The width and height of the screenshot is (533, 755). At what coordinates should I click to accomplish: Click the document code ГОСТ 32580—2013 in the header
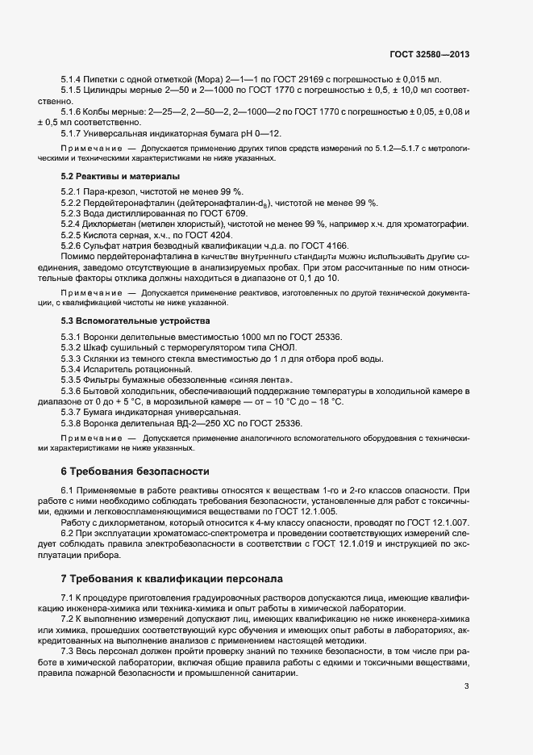coord(428,54)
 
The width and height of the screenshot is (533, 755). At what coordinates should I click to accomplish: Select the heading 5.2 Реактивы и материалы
coord(120,175)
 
